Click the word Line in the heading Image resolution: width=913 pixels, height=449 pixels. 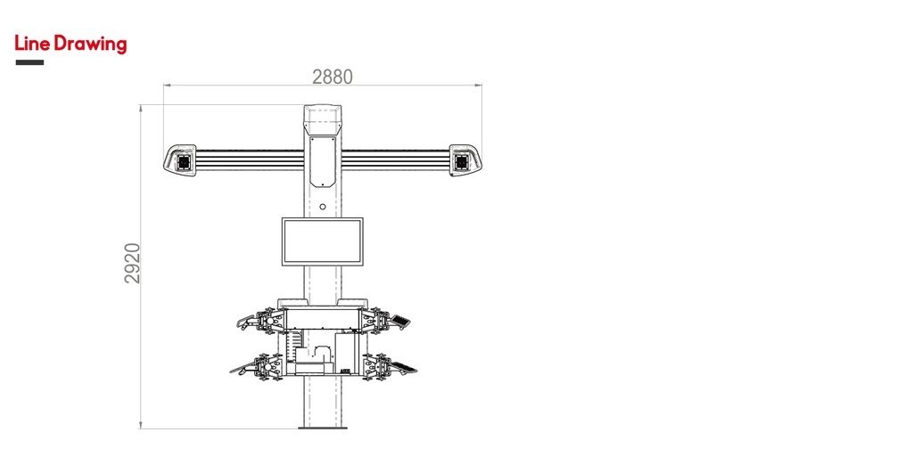point(32,44)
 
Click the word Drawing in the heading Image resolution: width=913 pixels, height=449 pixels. point(90,45)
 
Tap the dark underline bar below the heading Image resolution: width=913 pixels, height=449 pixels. point(29,62)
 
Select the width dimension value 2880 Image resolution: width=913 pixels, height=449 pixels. point(332,78)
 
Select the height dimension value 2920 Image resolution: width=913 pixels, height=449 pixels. point(133,263)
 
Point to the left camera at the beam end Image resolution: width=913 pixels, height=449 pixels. point(183,161)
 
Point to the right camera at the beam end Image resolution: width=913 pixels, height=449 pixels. point(462,161)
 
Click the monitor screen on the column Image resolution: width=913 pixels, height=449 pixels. point(323,241)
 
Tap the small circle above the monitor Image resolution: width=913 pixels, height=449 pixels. point(323,208)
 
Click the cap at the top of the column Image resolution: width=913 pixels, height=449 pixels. point(323,115)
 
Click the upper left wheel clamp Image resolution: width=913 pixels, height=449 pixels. point(265,321)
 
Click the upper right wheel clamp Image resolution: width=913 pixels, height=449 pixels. point(381,321)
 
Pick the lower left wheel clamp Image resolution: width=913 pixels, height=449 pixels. point(265,366)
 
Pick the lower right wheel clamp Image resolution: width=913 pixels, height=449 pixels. point(379,366)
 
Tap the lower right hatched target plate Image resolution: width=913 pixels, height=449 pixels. point(403,367)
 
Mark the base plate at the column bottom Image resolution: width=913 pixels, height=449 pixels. point(323,427)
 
